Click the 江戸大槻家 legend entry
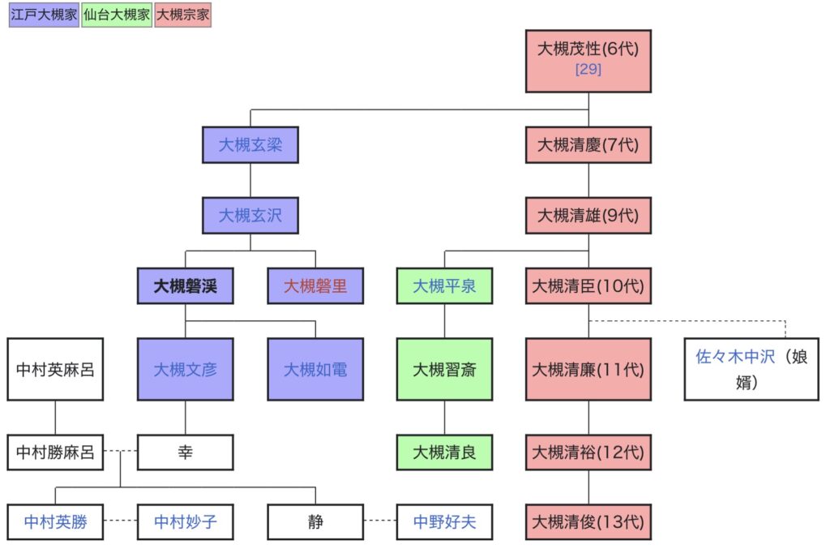(x=44, y=15)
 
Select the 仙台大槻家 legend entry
(x=117, y=15)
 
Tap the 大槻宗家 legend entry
(x=182, y=15)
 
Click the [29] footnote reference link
(x=588, y=70)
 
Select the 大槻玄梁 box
(x=250, y=146)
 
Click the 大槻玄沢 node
(x=250, y=216)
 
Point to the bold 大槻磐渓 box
(x=186, y=285)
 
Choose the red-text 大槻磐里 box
(x=315, y=285)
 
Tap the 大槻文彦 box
(x=186, y=370)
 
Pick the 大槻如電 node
(x=315, y=370)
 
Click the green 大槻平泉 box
(x=444, y=285)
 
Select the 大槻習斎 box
(x=444, y=370)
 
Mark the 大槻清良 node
(x=444, y=452)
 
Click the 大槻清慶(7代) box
(x=588, y=146)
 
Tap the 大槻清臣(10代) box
(x=588, y=285)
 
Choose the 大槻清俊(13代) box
(x=588, y=522)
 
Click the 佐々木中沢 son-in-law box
(x=751, y=370)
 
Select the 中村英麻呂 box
(x=55, y=370)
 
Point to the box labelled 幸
(x=186, y=452)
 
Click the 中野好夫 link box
(x=444, y=522)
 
